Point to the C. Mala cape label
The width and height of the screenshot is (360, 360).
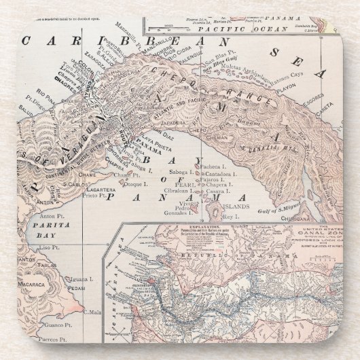[93, 312]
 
